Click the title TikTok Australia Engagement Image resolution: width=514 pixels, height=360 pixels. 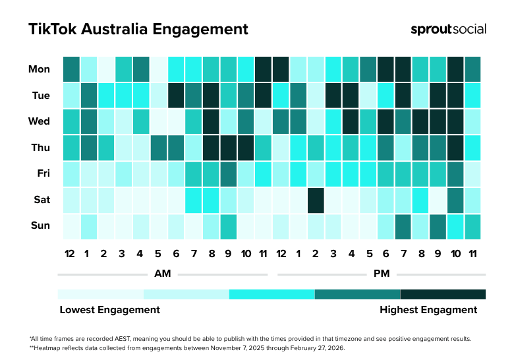click(138, 29)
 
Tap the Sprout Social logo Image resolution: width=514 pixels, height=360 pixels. click(448, 29)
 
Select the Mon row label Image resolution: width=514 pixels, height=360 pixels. click(39, 69)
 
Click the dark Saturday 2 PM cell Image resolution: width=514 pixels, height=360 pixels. click(316, 200)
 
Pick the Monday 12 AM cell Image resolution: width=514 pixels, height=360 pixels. click(71, 69)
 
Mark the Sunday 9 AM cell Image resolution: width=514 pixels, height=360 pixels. click(228, 226)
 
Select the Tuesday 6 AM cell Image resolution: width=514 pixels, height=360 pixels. click(176, 96)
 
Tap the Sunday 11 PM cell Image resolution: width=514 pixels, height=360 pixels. click(472, 226)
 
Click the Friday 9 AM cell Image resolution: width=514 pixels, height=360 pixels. click(228, 174)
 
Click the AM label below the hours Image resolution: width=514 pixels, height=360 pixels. click(162, 273)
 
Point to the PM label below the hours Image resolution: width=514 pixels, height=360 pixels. click(380, 273)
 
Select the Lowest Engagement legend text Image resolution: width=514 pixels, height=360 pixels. click(109, 310)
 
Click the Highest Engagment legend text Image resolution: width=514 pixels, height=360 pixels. click(428, 310)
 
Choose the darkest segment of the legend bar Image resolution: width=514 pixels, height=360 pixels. click(443, 294)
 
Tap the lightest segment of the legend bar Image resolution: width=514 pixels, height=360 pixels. click(101, 294)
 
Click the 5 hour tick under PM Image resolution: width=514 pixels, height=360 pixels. click(368, 254)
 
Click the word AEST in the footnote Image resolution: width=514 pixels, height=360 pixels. click(106, 339)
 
